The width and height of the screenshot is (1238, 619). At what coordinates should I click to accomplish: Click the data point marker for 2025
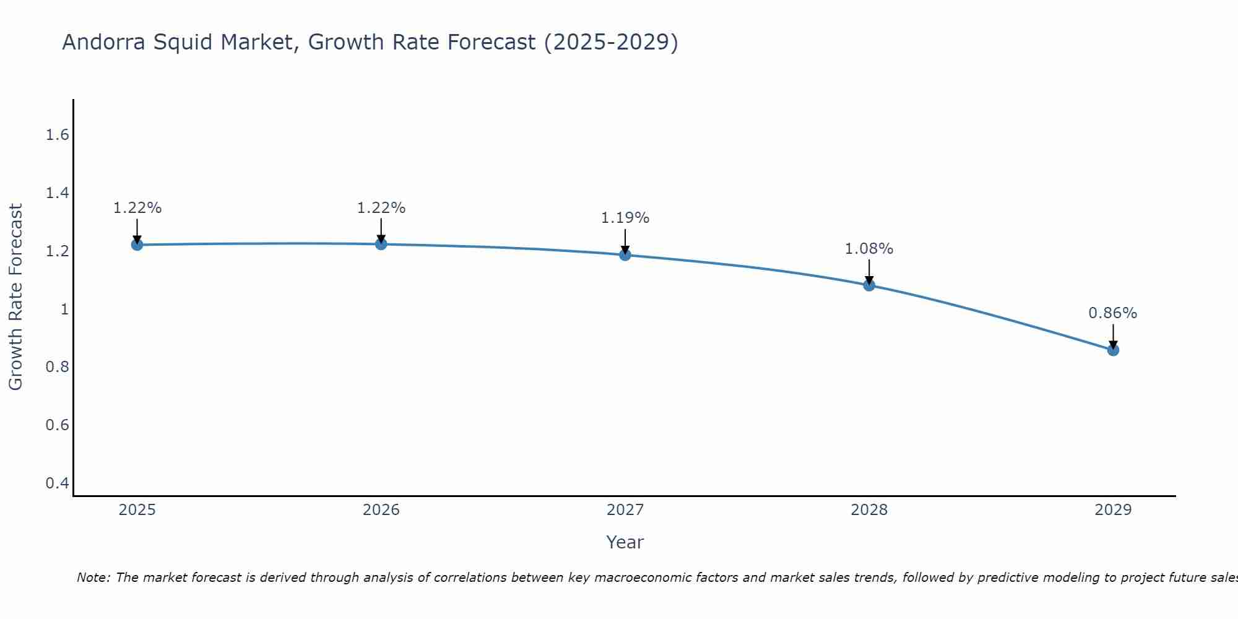click(137, 245)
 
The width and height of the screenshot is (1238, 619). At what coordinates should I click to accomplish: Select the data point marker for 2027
click(625, 254)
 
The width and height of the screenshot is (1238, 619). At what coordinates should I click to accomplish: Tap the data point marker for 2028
click(869, 285)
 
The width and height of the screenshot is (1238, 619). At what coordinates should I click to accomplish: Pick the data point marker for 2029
click(1113, 350)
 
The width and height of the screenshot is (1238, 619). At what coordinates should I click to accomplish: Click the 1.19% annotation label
click(625, 218)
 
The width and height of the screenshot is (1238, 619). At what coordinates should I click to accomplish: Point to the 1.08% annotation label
click(869, 249)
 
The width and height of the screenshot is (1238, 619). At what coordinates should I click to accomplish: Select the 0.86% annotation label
click(1113, 313)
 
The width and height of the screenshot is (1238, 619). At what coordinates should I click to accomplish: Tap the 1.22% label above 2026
click(381, 208)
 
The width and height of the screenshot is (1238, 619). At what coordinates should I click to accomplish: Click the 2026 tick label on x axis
click(381, 510)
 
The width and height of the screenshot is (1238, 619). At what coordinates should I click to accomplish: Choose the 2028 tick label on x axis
click(869, 510)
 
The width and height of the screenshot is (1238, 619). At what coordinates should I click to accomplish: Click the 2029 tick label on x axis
click(1113, 510)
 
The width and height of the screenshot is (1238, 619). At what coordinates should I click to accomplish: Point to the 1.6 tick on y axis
click(57, 135)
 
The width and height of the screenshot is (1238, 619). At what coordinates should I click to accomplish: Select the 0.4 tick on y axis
click(57, 483)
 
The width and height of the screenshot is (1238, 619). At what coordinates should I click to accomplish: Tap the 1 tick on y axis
click(64, 309)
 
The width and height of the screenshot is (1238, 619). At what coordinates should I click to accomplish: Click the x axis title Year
click(625, 542)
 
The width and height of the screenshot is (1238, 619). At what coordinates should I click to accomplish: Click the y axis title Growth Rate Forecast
click(15, 297)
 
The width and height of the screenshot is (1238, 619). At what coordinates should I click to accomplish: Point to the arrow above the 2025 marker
click(137, 230)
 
